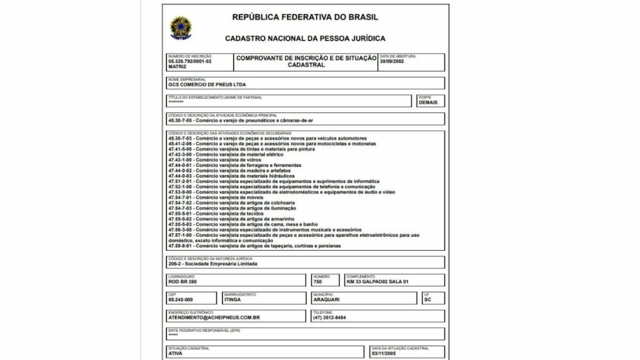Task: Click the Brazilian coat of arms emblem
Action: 181,26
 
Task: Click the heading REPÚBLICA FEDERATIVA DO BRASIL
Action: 305,17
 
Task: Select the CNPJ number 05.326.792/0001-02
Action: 190,61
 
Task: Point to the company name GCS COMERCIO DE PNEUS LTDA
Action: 203,84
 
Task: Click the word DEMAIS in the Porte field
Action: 428,102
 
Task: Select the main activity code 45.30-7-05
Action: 181,121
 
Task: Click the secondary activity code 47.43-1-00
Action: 181,159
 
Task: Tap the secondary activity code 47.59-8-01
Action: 181,246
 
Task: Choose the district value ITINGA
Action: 232,300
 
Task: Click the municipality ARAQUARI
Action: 327,300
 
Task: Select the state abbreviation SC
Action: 427,300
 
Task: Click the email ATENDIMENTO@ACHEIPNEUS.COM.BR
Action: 214,317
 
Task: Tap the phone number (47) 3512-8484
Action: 330,317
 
